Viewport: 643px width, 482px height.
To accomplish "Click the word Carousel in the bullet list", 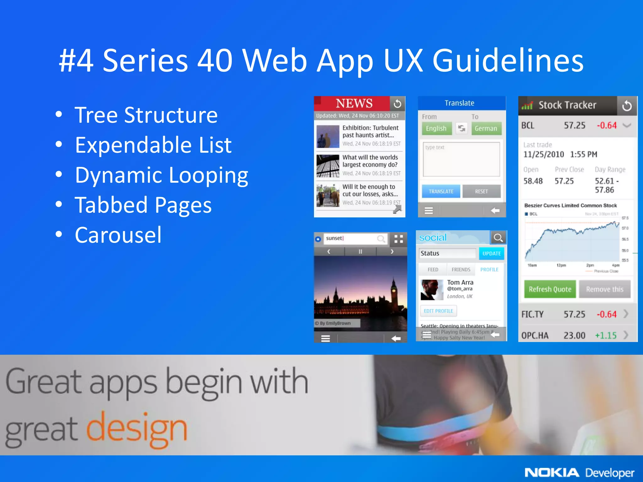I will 118,235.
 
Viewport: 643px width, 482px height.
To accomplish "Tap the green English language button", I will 436,128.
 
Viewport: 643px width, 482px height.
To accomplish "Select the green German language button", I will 486,128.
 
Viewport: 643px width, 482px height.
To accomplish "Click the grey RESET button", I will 481,191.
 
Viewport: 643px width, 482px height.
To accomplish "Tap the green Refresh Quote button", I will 550,289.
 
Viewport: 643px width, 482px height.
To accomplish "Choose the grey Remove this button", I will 604,289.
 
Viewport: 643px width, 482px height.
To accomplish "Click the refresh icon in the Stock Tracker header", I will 627,105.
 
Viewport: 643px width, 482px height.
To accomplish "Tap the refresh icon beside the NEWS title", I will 397,104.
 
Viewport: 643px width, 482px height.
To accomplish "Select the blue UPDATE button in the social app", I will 491,254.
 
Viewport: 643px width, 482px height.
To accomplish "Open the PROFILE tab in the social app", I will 489,270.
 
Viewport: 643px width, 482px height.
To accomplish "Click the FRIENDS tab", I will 461,270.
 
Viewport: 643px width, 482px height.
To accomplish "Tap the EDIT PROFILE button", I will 438,311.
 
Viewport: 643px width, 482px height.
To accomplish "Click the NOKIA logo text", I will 552,473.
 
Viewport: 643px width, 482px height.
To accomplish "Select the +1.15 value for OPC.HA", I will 606,335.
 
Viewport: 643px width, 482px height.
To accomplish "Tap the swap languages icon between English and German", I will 462,128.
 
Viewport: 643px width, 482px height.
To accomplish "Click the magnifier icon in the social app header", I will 498,238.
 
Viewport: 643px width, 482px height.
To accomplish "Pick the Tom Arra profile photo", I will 432,290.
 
